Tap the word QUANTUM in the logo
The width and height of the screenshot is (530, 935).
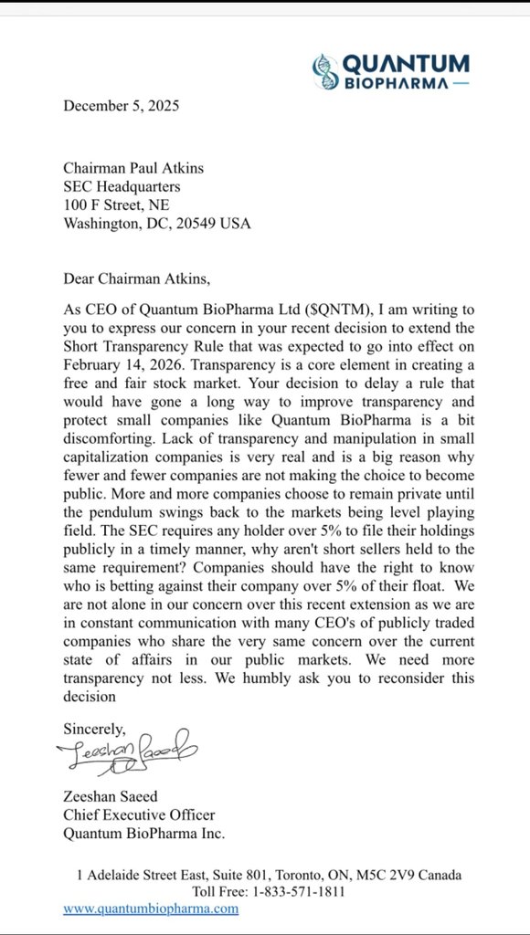(405, 63)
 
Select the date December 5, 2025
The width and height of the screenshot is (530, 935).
(121, 106)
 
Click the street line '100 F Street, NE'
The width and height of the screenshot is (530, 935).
(116, 205)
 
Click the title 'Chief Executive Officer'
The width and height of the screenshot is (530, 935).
(139, 814)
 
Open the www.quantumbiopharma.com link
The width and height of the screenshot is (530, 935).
(150, 909)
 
